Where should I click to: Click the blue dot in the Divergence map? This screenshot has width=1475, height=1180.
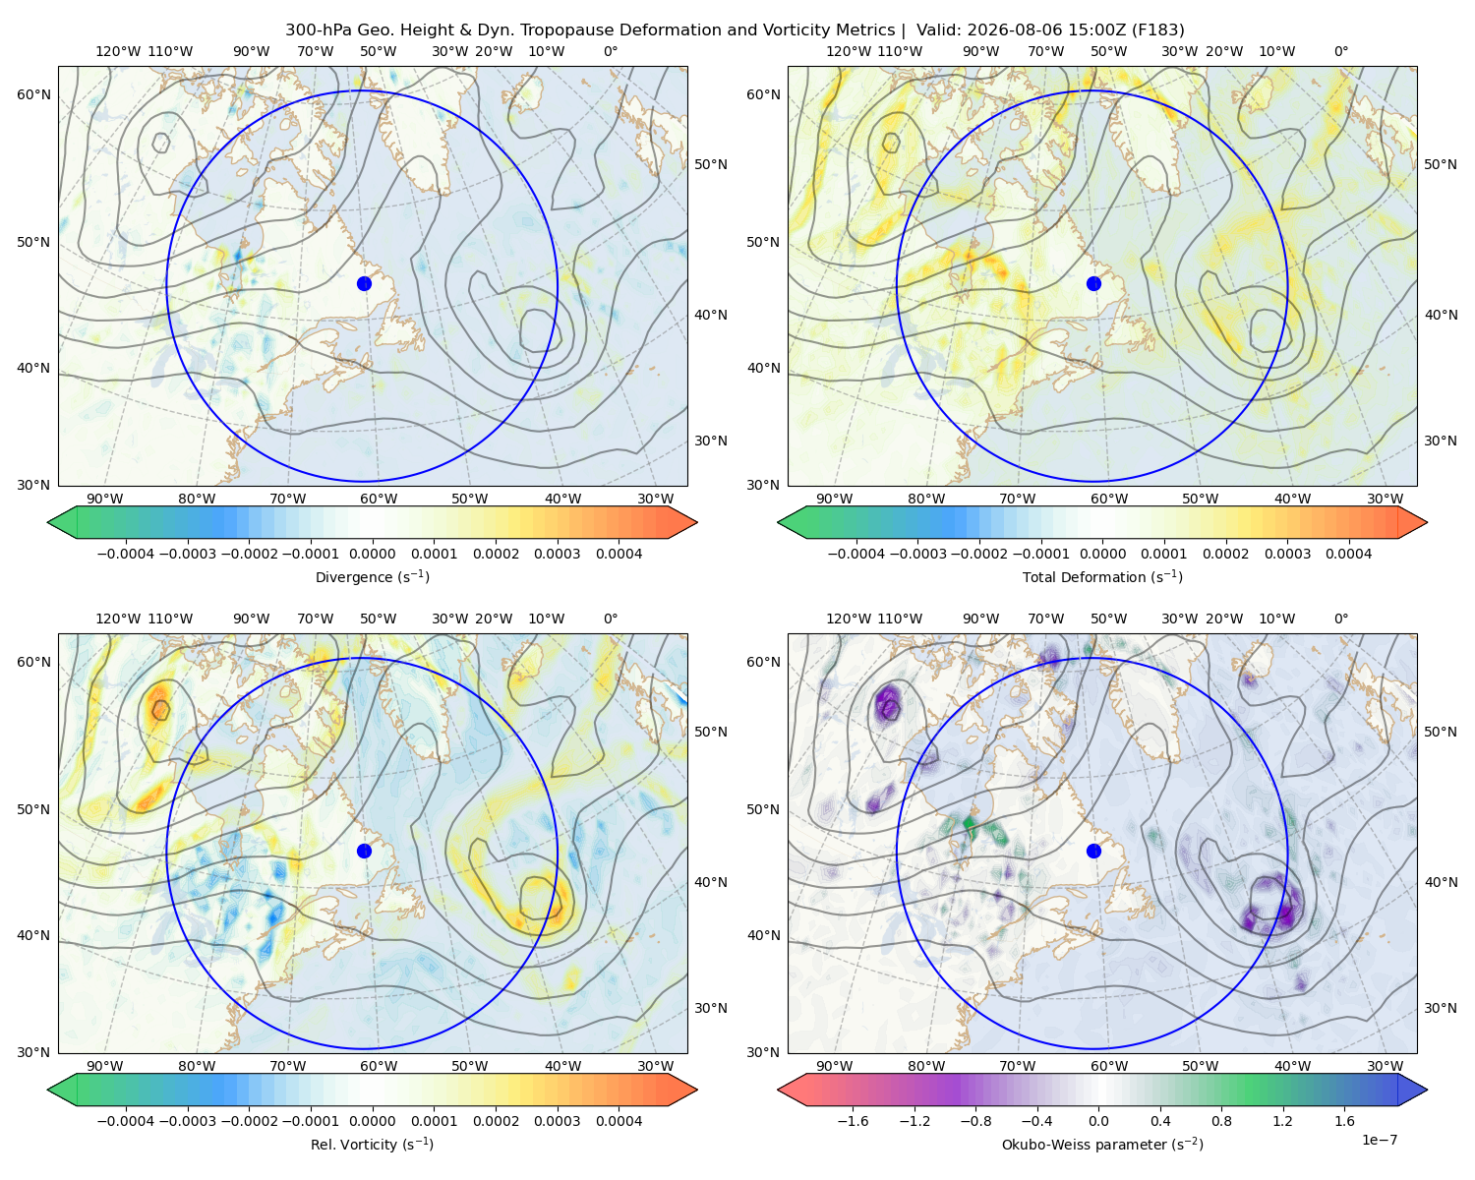[364, 284]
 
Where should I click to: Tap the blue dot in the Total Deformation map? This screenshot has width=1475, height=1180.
[1093, 284]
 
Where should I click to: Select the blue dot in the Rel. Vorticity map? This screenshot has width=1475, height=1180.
[364, 851]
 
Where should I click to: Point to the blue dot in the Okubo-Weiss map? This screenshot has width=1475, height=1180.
[1093, 851]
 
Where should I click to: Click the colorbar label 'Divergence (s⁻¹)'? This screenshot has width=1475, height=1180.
[372, 576]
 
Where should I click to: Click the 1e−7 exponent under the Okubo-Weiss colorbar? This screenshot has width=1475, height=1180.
[1379, 1141]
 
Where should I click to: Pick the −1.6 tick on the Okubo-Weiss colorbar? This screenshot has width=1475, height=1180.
[853, 1121]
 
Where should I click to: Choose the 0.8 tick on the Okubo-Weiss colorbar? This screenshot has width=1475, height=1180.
[1221, 1121]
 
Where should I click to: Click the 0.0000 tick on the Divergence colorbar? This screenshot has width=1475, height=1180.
[372, 554]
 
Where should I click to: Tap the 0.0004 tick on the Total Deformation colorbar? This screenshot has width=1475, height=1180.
[1349, 554]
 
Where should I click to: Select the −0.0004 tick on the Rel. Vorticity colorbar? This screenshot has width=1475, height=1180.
[126, 1121]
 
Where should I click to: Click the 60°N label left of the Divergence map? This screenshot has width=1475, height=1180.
[33, 94]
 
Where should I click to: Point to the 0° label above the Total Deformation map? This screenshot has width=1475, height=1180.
[1341, 51]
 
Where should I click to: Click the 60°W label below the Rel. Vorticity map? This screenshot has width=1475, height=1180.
[379, 1066]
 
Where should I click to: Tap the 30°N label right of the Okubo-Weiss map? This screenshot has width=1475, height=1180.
[1441, 1008]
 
